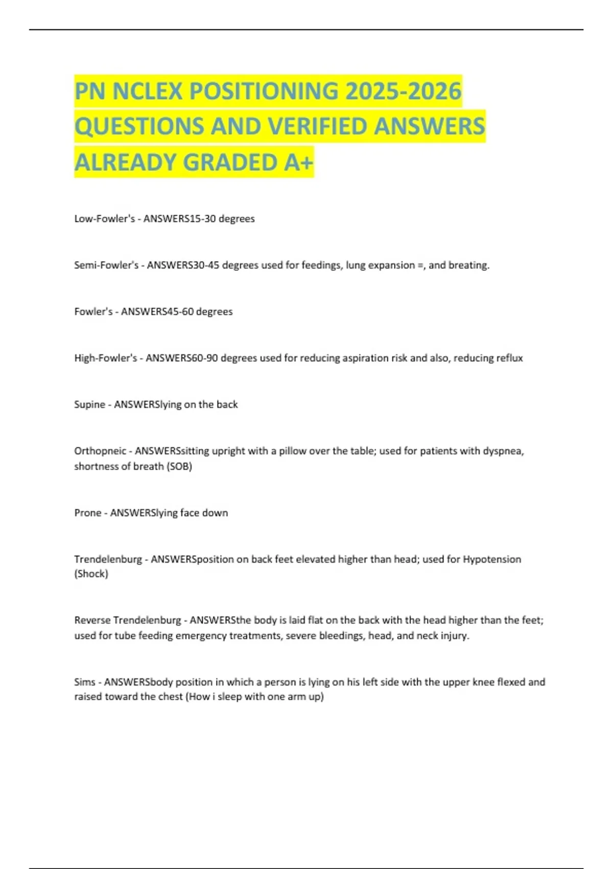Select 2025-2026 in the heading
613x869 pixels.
(x=404, y=92)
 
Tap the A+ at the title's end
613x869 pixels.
(x=299, y=163)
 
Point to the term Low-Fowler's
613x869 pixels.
(x=105, y=219)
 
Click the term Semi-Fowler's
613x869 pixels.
(x=106, y=265)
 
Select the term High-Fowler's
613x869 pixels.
(x=106, y=358)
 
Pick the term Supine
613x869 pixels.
(x=89, y=405)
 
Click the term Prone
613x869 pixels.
(x=88, y=513)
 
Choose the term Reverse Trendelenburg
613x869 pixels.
(x=128, y=621)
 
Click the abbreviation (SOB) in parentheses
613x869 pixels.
(x=179, y=467)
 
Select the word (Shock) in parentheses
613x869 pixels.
(x=91, y=574)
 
